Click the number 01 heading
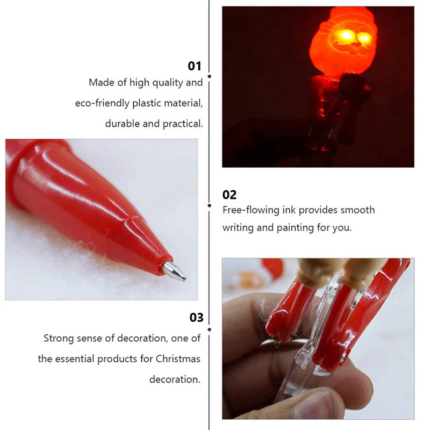coord(194,66)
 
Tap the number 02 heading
coord(230,195)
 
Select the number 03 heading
coord(197,317)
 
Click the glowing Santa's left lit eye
coord(342,38)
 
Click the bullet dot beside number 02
coord(209,205)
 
